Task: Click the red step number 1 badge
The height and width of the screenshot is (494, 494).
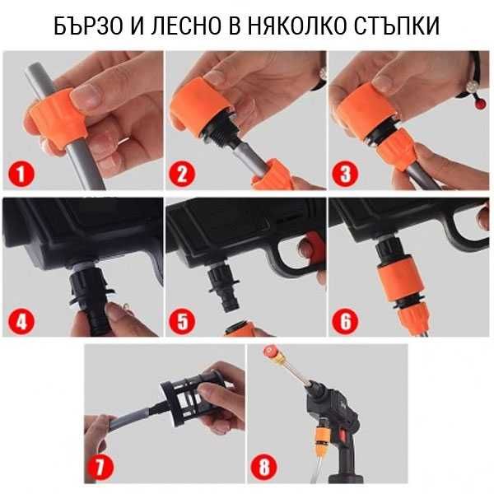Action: [x=19, y=174]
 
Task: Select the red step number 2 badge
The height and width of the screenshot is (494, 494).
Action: [x=182, y=174]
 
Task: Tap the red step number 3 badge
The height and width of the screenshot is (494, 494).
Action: [x=346, y=174]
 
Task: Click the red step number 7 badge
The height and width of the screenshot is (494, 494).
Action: [x=102, y=468]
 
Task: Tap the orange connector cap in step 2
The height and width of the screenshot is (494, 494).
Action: [x=201, y=103]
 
